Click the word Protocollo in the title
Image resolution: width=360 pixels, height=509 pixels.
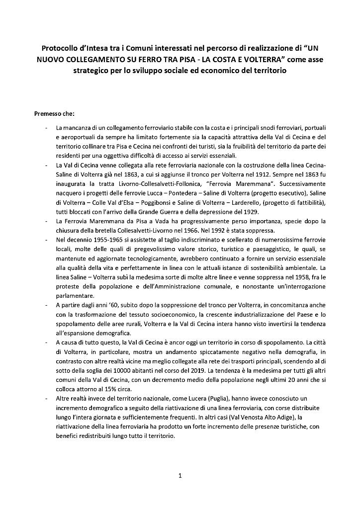tap(60, 49)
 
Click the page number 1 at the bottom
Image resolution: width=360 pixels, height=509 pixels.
tap(180, 476)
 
